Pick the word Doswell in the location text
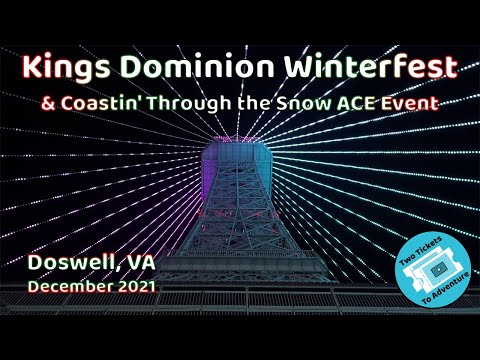pos(69,263)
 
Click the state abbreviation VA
pos(140,263)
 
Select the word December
pos(68,287)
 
